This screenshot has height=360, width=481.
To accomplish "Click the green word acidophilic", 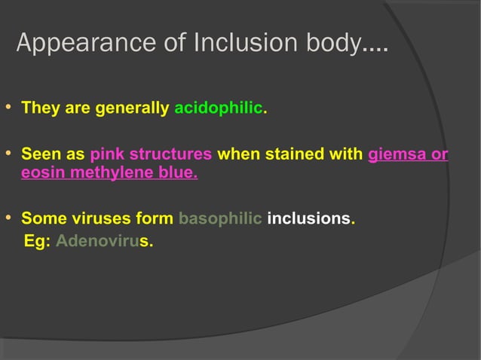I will coord(218,108).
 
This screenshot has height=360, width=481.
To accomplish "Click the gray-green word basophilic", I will coord(220,219).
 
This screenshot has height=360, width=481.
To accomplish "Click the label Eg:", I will coord(37,243).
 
